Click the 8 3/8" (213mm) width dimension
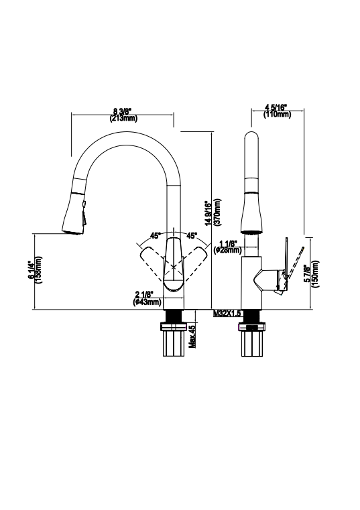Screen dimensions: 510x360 [123, 115]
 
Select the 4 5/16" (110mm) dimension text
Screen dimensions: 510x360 [278, 111]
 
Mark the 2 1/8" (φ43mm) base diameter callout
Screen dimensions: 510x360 [147, 298]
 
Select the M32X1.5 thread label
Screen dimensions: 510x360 [228, 313]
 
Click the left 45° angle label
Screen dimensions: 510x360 [155, 236]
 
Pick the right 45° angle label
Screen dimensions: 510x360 [192, 236]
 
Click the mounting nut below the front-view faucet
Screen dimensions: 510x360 [174, 328]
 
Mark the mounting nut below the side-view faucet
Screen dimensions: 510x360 [253, 328]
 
